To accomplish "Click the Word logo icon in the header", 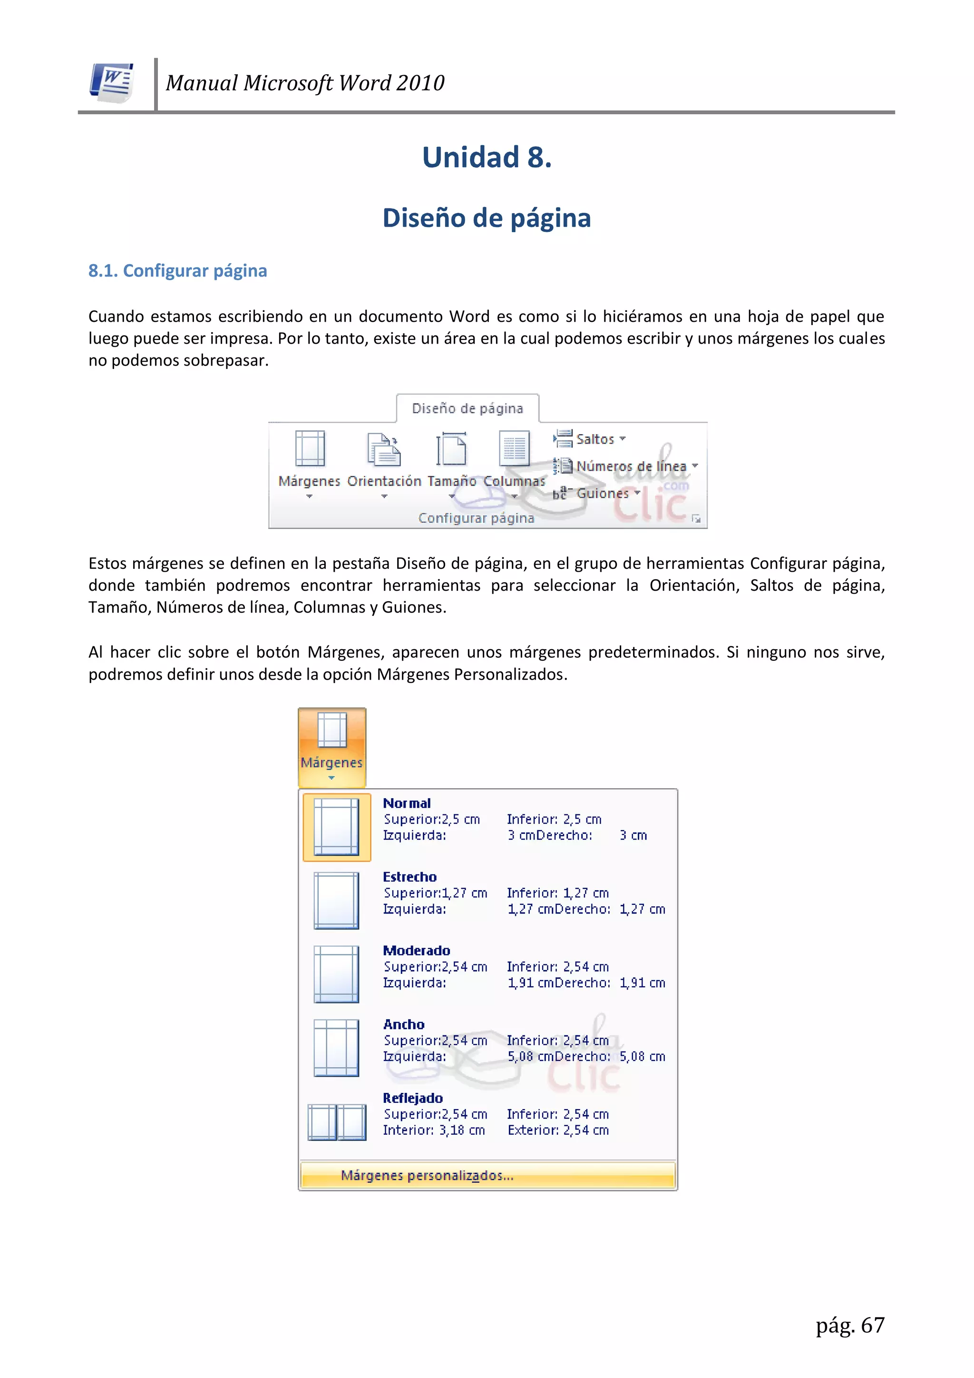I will [x=112, y=82].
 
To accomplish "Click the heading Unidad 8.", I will [x=487, y=157].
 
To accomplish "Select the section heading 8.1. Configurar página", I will [x=177, y=271].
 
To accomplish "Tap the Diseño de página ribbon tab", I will [x=467, y=409].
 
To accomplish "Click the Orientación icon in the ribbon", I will [x=383, y=450].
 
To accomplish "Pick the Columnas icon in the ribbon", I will [x=514, y=449].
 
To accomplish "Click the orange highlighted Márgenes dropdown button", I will [x=331, y=747].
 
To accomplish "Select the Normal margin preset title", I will [x=407, y=803].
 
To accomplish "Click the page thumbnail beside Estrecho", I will [x=336, y=900].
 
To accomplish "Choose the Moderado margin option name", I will [x=416, y=951].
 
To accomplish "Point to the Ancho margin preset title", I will [x=404, y=1024].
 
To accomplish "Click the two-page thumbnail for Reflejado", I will [x=336, y=1122].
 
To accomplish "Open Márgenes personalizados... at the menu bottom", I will [x=427, y=1176].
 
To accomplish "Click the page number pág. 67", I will [x=849, y=1325].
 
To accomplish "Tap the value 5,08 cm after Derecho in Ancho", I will [x=643, y=1057].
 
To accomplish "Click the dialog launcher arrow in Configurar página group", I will [x=696, y=518].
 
